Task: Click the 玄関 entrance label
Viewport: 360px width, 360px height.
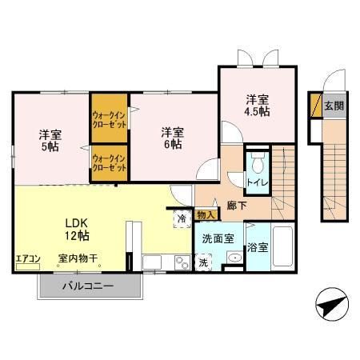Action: [x=335, y=106]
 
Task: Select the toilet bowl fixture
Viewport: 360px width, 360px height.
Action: [x=257, y=166]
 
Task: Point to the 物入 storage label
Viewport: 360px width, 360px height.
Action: [x=206, y=214]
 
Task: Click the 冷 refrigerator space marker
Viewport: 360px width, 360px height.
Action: [x=182, y=217]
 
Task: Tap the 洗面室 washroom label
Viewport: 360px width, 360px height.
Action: [x=217, y=238]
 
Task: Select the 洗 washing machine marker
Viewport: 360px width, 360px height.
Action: [x=203, y=262]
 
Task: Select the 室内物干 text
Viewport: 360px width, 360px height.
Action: [x=78, y=258]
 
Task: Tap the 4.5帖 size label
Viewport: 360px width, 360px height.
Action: [x=257, y=111]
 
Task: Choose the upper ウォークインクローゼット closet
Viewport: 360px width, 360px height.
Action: [x=110, y=118]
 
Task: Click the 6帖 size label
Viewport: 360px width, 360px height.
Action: [x=170, y=144]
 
